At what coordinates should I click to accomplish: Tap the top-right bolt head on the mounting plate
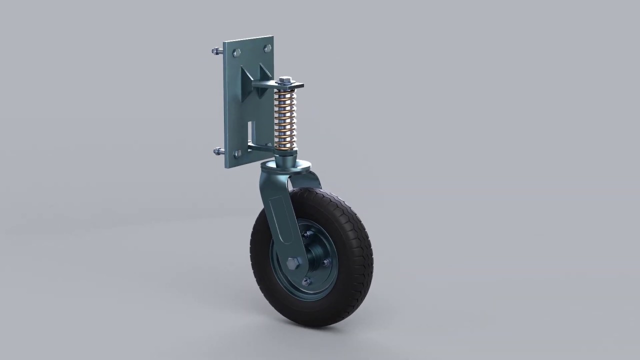267,48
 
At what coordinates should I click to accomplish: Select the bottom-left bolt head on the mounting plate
237,154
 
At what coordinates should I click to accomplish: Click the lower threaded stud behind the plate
218,150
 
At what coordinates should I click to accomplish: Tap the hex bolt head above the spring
285,80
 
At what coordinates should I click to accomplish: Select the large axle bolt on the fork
293,262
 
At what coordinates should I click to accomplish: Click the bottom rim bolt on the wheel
306,282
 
